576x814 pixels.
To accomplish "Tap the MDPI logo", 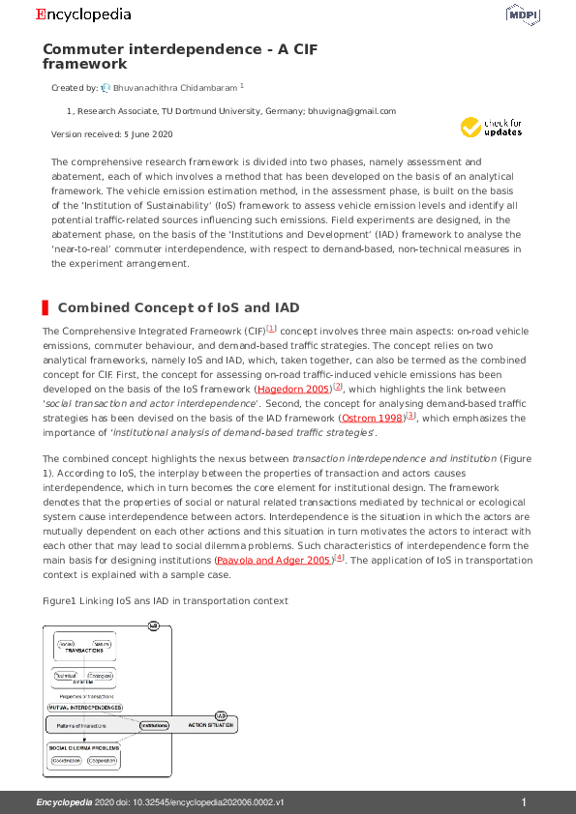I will tap(523, 15).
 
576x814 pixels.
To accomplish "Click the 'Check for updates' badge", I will tap(492, 127).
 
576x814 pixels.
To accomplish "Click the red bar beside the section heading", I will tap(45, 307).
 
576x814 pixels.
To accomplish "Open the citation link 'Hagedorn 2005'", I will tap(289, 388).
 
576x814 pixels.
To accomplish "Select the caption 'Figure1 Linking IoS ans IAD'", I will tap(165, 600).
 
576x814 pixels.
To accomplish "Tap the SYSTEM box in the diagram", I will tap(83, 678).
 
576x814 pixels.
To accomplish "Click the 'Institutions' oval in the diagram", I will tap(153, 725).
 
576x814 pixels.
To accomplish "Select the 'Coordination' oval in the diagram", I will tap(66, 761).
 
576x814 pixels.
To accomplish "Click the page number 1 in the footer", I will tap(524, 802).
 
